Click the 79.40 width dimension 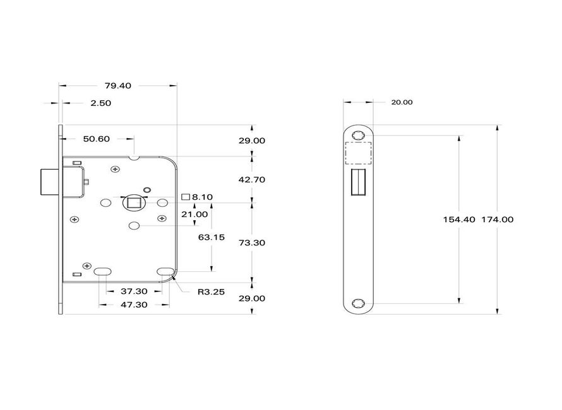pyautogui.click(x=118, y=86)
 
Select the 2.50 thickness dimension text pyautogui.click(x=101, y=103)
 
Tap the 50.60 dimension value pyautogui.click(x=97, y=139)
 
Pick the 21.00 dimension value pyautogui.click(x=195, y=214)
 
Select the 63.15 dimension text pyautogui.click(x=212, y=238)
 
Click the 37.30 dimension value pyautogui.click(x=133, y=291)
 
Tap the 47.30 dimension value pyautogui.click(x=133, y=305)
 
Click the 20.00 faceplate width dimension pyautogui.click(x=402, y=102)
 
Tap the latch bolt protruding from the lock pyautogui.click(x=49, y=182)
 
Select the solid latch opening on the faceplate pyautogui.click(x=358, y=181)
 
